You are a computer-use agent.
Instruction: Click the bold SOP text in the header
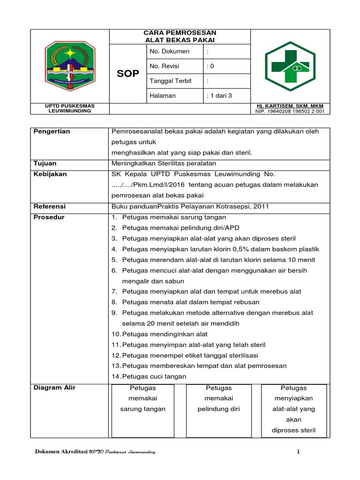click(x=127, y=74)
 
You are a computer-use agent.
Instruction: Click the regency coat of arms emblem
click(x=69, y=66)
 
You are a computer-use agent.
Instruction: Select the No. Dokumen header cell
click(x=169, y=51)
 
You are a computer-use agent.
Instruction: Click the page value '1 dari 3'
click(x=219, y=96)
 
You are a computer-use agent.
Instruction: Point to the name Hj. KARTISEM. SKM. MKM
click(x=290, y=106)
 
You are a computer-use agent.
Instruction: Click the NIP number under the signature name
click(x=290, y=112)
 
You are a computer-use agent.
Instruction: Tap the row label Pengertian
click(x=52, y=132)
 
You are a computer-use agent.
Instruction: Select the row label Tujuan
click(x=45, y=164)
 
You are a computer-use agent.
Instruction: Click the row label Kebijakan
click(x=50, y=174)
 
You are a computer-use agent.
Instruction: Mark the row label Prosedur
click(x=49, y=217)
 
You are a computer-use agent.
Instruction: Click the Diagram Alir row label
click(x=54, y=388)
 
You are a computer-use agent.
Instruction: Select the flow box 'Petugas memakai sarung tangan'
click(x=143, y=399)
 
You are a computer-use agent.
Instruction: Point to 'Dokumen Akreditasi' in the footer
click(x=62, y=451)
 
